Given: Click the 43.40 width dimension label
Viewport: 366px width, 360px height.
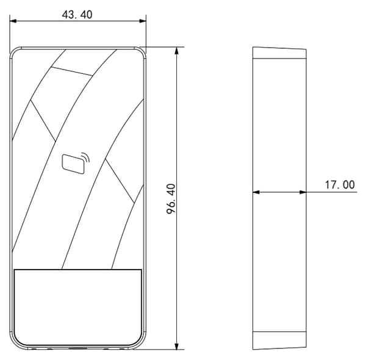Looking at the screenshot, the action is pos(77,15).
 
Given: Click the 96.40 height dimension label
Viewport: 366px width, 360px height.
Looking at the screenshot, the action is pos(171,199).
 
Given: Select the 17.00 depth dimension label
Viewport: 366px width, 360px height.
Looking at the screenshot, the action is pos(340,185).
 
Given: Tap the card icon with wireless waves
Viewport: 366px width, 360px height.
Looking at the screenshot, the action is pos(76,163).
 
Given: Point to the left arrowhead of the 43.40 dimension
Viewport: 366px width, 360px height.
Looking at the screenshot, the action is pos(13,21).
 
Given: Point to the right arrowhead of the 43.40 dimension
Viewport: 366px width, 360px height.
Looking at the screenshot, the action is pos(143,21).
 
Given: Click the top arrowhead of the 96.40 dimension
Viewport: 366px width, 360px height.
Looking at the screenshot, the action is pos(177,51).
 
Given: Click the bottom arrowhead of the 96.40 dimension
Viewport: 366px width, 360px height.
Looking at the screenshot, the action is pos(177,346).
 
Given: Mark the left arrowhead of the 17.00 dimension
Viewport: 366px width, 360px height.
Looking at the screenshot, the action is pos(256,192).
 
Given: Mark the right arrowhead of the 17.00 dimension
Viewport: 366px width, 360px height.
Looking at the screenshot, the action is pos(303,192).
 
